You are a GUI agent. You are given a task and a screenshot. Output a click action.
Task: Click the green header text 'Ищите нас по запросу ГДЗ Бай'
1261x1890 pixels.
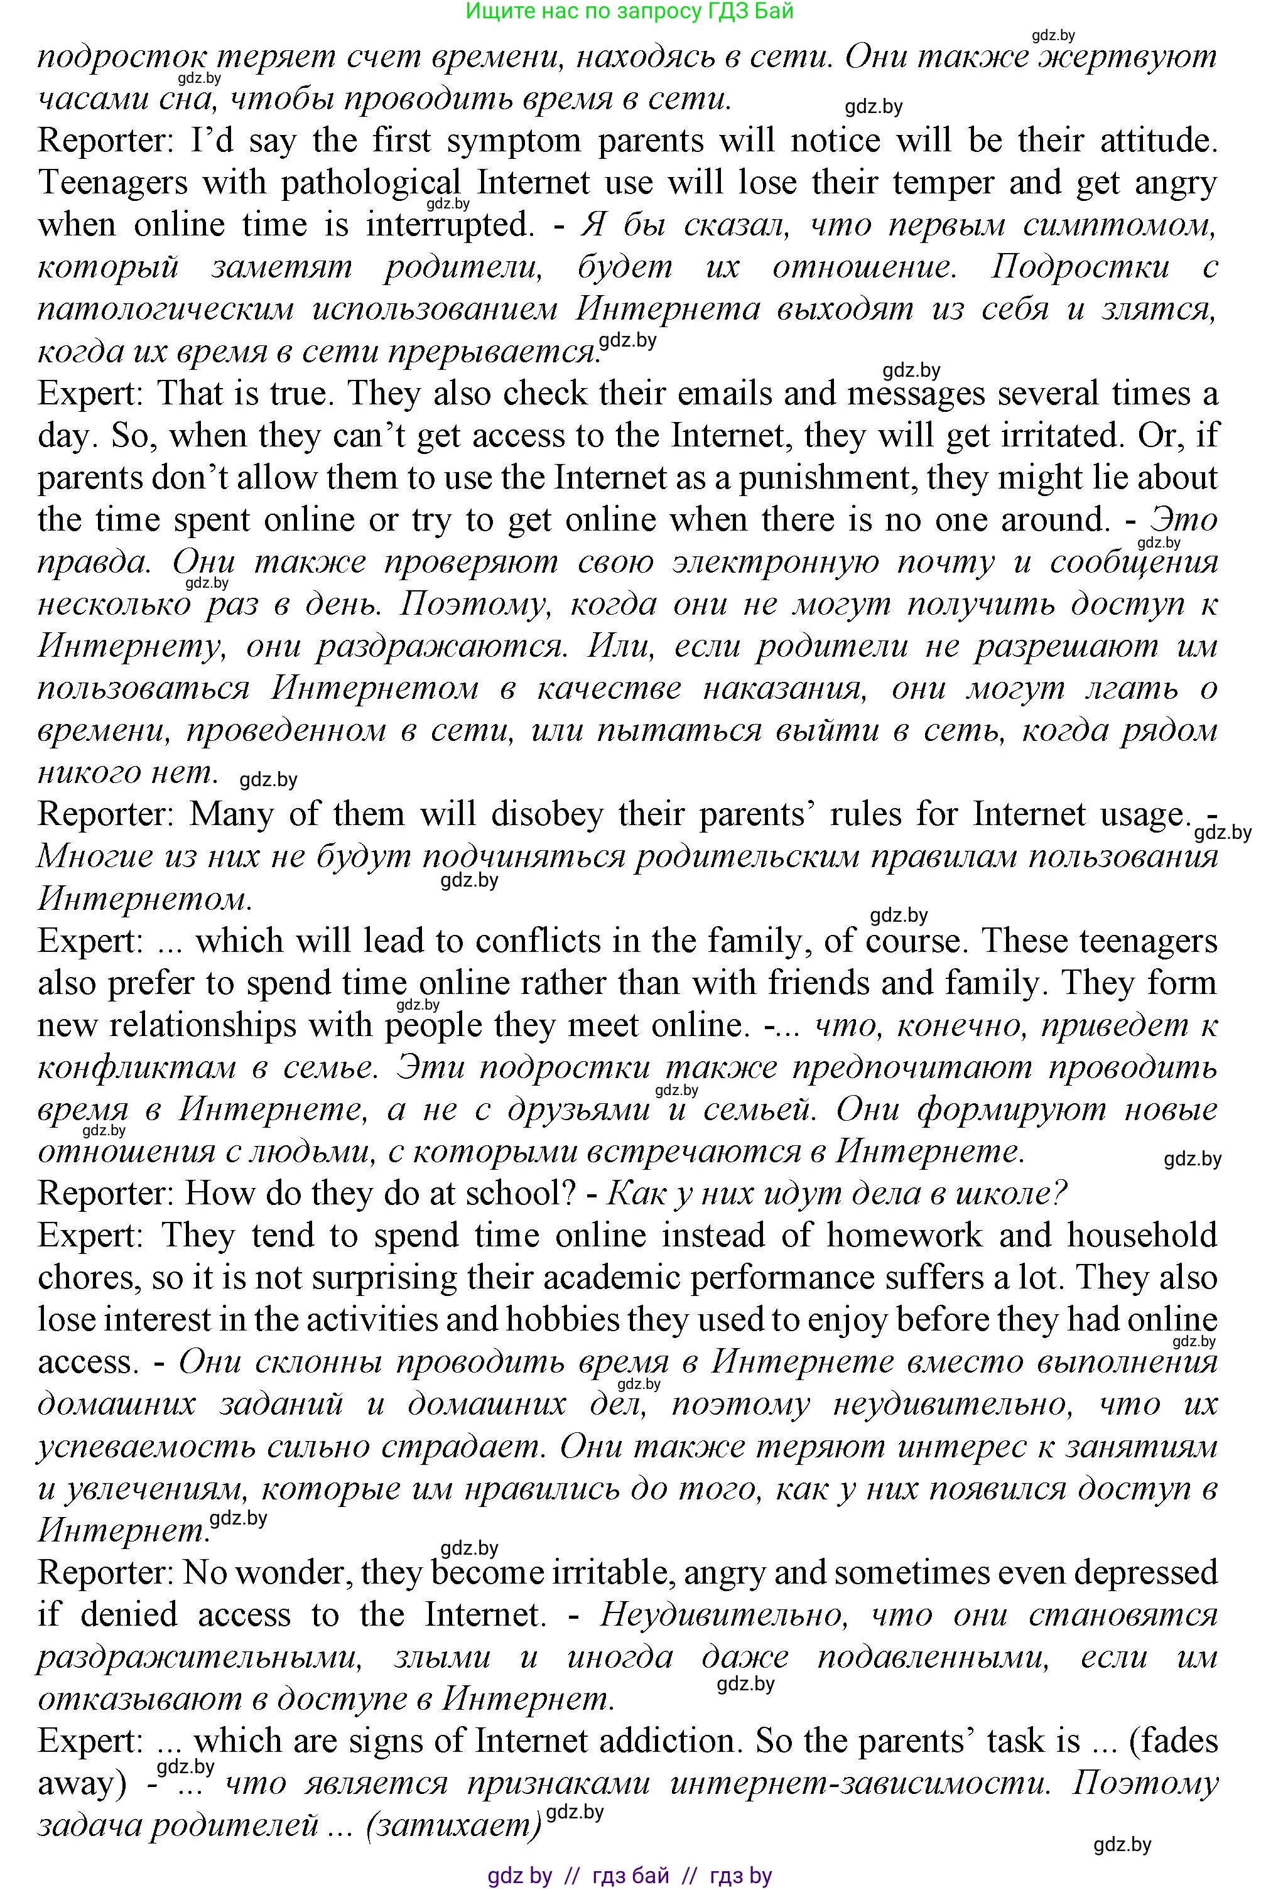630,11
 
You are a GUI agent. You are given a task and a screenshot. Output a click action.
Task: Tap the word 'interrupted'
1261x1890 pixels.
450,225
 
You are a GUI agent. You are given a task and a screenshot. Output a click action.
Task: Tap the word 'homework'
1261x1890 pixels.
904,1236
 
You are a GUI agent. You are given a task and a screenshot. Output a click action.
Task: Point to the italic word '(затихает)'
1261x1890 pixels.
453,1826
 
